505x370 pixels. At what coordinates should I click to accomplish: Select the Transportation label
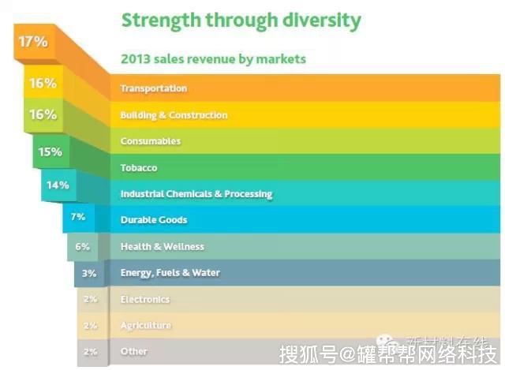[153, 88]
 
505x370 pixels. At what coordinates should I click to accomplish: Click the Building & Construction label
[174, 115]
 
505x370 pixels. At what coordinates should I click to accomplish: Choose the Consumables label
[150, 141]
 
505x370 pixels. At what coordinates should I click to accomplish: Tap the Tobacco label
[138, 168]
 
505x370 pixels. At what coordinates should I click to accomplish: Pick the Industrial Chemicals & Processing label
[196, 194]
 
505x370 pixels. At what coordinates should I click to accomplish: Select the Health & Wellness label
[162, 247]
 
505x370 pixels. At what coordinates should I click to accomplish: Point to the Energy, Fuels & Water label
[170, 273]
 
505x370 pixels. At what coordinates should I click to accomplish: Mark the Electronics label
[144, 300]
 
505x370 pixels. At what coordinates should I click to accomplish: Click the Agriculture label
[145, 326]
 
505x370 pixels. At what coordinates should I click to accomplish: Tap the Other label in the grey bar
[133, 352]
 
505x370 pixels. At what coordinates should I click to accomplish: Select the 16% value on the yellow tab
[43, 82]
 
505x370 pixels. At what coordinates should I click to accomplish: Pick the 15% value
[50, 151]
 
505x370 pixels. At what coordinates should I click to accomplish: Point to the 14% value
[58, 185]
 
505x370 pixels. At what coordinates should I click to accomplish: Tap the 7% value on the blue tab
[78, 216]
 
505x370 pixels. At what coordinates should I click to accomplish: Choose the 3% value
[89, 273]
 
